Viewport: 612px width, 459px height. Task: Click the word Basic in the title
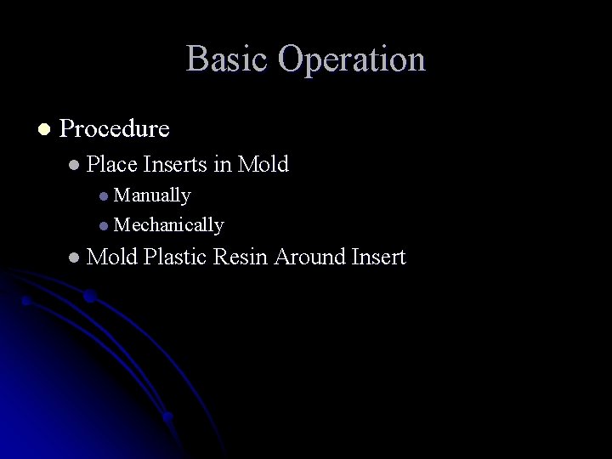(x=227, y=59)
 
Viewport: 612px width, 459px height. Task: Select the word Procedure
(x=115, y=129)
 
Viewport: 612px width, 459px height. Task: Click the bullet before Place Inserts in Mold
(x=75, y=165)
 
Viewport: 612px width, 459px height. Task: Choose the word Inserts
(x=176, y=164)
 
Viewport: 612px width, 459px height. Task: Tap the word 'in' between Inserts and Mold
(x=224, y=164)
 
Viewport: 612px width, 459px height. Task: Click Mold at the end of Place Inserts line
(x=263, y=164)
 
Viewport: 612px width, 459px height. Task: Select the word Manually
(x=152, y=195)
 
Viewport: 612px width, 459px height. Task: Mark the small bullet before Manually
(x=103, y=196)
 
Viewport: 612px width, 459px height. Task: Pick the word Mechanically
(x=168, y=225)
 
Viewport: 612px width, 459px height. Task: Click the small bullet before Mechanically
(x=103, y=226)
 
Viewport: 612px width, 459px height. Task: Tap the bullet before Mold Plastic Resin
(x=75, y=257)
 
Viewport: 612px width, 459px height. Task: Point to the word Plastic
(x=176, y=256)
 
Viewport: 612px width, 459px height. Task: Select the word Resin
(x=242, y=256)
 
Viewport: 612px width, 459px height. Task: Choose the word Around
(x=309, y=256)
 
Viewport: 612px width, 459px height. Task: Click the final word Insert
(x=378, y=256)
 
